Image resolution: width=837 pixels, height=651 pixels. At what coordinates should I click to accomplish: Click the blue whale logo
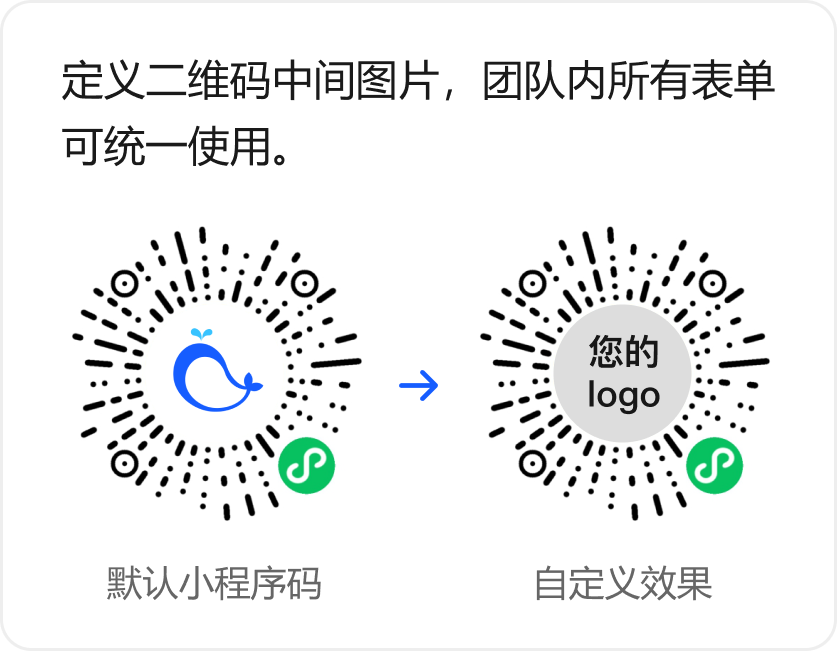pyautogui.click(x=214, y=376)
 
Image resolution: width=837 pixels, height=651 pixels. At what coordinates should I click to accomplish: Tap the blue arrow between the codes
pyautogui.click(x=419, y=385)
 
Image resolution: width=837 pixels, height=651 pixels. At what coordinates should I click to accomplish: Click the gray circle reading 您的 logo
pyautogui.click(x=623, y=374)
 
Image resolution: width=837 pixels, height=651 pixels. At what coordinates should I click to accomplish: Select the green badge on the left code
pyautogui.click(x=306, y=465)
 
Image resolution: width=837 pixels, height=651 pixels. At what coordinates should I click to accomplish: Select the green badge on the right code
pyautogui.click(x=714, y=465)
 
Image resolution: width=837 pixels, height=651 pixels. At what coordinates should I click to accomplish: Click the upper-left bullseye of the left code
pyautogui.click(x=124, y=284)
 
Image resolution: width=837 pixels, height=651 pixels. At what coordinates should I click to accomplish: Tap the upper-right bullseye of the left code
pyautogui.click(x=304, y=284)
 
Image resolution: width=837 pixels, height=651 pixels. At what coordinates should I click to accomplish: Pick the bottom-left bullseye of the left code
pyautogui.click(x=124, y=464)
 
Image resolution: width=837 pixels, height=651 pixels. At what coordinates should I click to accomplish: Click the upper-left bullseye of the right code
pyautogui.click(x=533, y=284)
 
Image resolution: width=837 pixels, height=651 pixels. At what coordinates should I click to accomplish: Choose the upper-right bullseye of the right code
pyautogui.click(x=713, y=284)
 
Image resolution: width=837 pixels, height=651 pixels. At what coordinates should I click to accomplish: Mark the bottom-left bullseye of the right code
pyautogui.click(x=533, y=464)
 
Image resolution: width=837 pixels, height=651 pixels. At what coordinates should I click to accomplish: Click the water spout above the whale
pyautogui.click(x=203, y=334)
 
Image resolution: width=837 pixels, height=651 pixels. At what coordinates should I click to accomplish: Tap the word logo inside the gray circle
pyautogui.click(x=623, y=394)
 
